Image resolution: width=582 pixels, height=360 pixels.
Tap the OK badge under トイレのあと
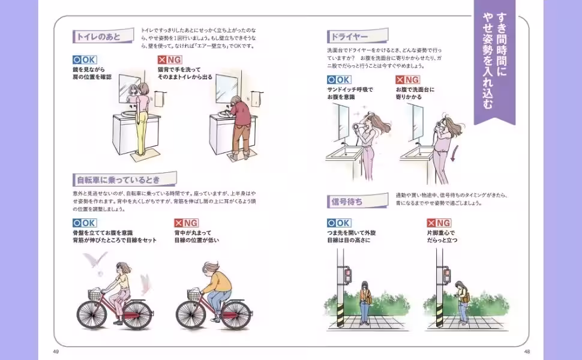(x=85, y=59)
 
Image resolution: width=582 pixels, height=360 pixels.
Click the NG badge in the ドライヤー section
(x=407, y=79)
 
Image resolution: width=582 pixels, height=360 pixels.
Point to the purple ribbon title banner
(x=494, y=60)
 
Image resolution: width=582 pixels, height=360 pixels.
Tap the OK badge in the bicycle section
(x=85, y=223)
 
